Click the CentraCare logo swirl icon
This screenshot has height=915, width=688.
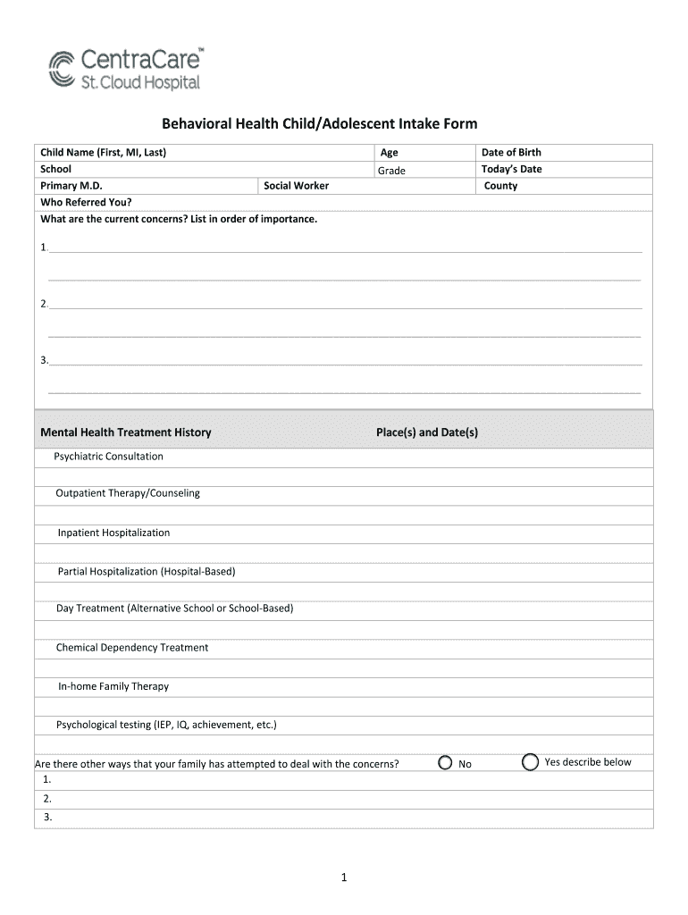tap(62, 69)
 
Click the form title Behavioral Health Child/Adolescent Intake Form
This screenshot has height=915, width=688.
tap(319, 123)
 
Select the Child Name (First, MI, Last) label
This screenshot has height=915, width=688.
tap(104, 152)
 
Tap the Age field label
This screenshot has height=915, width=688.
tap(389, 153)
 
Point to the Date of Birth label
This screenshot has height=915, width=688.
tap(511, 152)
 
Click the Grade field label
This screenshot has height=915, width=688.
tap(391, 170)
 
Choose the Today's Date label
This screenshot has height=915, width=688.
tap(511, 169)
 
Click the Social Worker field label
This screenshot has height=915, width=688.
tap(297, 186)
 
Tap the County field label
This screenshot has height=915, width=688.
tap(500, 186)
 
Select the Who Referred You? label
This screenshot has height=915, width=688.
tap(80, 202)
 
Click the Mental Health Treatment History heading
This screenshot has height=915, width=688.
tap(126, 432)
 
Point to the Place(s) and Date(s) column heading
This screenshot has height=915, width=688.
tap(427, 432)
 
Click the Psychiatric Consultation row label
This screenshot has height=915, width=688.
tap(108, 457)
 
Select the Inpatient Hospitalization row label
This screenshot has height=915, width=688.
tap(113, 533)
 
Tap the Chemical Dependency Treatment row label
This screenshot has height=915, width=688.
tap(132, 648)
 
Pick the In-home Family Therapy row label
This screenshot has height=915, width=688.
tap(113, 686)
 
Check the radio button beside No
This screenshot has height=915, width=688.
tap(445, 763)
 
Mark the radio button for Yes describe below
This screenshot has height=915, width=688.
tap(530, 762)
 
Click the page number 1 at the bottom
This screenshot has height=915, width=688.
tap(344, 878)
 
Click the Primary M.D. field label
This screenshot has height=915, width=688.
tap(71, 186)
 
